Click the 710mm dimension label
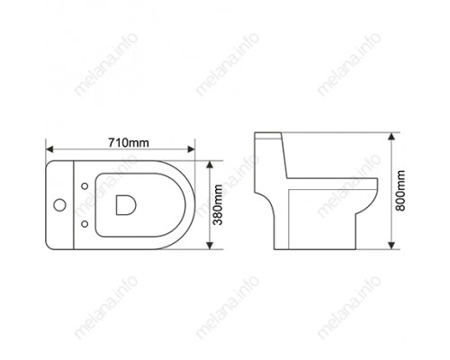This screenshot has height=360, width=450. pyautogui.click(x=129, y=142)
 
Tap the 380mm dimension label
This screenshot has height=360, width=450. pyautogui.click(x=217, y=205)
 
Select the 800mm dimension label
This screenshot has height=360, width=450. pyautogui.click(x=400, y=191)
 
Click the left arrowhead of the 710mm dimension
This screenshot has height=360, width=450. pyautogui.click(x=49, y=149)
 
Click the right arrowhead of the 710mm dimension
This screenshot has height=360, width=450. pyautogui.click(x=191, y=149)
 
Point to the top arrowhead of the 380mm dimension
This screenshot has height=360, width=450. pyautogui.click(x=210, y=165)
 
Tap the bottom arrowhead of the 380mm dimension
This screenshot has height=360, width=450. pyautogui.click(x=210, y=246)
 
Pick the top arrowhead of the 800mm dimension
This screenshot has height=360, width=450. pyautogui.click(x=391, y=136)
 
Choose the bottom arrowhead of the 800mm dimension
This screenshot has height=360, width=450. pyautogui.click(x=391, y=246)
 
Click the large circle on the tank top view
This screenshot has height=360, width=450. pyautogui.click(x=59, y=205)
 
